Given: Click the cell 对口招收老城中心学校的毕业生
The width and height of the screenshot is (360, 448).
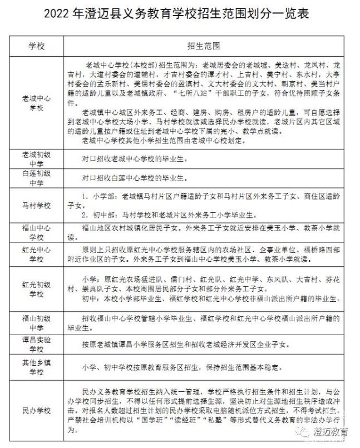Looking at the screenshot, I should pos(131,158).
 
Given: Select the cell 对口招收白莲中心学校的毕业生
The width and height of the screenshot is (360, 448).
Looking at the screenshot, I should pos(131,179).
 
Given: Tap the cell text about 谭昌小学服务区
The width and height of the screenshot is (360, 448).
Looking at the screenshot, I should pos(184,345).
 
